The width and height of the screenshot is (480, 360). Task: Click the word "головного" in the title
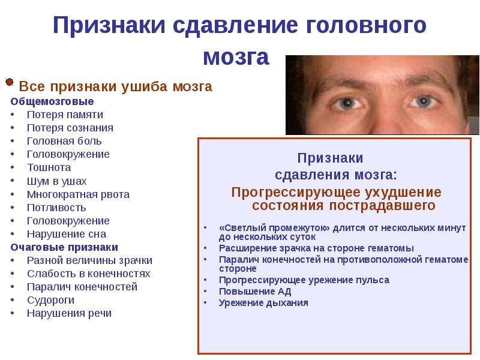tap(366, 25)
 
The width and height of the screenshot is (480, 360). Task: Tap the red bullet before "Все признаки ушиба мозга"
tap(10, 82)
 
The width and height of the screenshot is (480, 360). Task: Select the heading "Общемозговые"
tap(52, 101)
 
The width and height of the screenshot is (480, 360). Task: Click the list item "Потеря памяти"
tap(65, 115)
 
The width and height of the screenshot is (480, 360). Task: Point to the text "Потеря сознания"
tap(70, 128)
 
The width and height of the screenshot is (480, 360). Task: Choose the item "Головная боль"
tap(64, 141)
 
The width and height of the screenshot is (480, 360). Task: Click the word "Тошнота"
tap(49, 168)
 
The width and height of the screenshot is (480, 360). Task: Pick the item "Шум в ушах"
tap(56, 181)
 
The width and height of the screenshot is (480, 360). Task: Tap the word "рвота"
tap(115, 194)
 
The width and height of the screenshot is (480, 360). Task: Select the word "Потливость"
tap(56, 208)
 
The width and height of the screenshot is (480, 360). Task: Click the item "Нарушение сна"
tap(67, 234)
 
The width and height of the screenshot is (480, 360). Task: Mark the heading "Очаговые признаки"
tap(64, 247)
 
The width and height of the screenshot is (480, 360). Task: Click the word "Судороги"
tap(51, 301)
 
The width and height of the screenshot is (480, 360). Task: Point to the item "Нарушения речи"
tap(69, 313)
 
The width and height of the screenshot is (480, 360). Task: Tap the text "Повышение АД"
tap(255, 292)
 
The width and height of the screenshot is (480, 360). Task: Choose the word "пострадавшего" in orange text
tap(382, 205)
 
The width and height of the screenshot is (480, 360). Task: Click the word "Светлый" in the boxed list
tap(242, 228)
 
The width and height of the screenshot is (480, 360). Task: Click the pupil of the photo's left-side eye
tap(347, 103)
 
